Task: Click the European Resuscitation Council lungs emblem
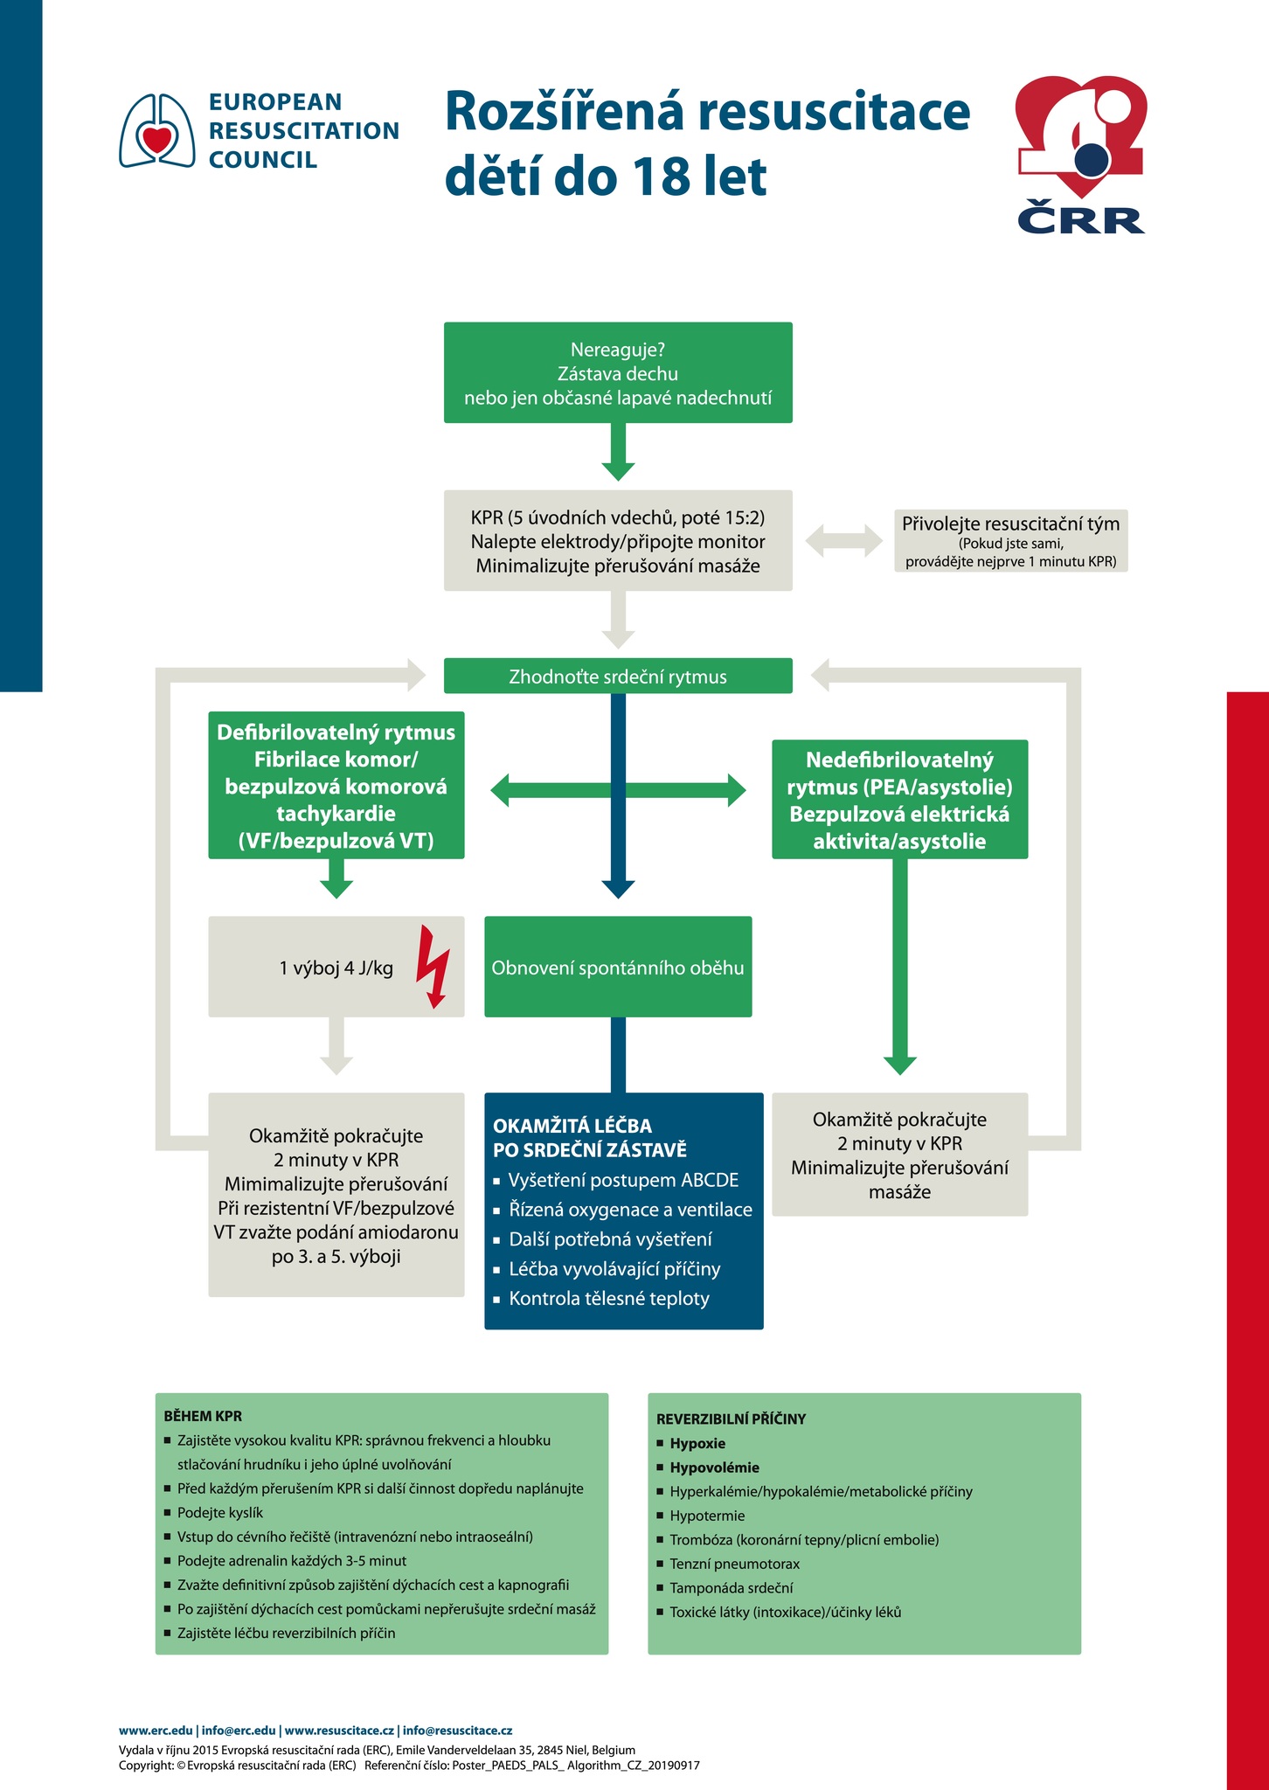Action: tap(157, 130)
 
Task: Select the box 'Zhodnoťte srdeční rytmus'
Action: tap(618, 676)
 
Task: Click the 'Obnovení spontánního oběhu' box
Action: tap(618, 967)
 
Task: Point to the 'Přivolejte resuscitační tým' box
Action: tap(1011, 541)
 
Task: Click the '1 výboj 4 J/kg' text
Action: tap(336, 968)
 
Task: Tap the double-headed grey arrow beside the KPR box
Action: tap(843, 540)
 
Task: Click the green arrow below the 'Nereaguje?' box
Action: tap(618, 452)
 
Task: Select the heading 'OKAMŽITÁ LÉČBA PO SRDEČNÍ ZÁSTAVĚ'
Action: tap(590, 1137)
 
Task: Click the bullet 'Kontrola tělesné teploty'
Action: tap(609, 1299)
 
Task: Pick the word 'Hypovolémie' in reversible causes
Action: tap(715, 1467)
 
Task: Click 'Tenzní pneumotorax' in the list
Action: tap(735, 1564)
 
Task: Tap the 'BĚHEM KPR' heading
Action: tap(203, 1416)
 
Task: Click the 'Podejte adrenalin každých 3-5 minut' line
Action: tap(292, 1560)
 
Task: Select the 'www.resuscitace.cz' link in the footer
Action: tap(340, 1730)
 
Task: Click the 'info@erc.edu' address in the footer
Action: tap(239, 1730)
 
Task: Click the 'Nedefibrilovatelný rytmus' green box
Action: tap(900, 800)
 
